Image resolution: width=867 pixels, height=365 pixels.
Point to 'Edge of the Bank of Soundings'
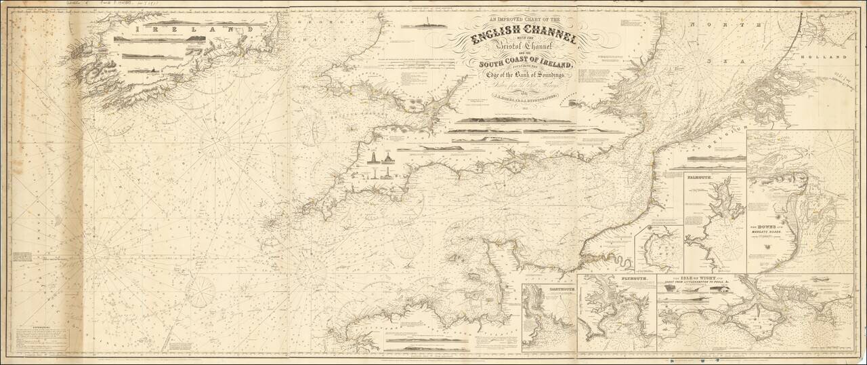click(x=528, y=83)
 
